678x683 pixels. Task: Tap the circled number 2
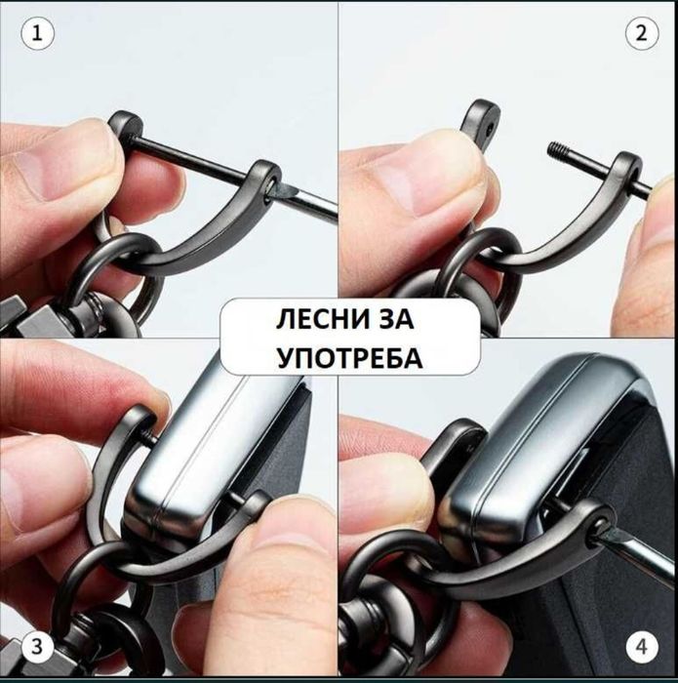641,34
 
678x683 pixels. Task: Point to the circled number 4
641,645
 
